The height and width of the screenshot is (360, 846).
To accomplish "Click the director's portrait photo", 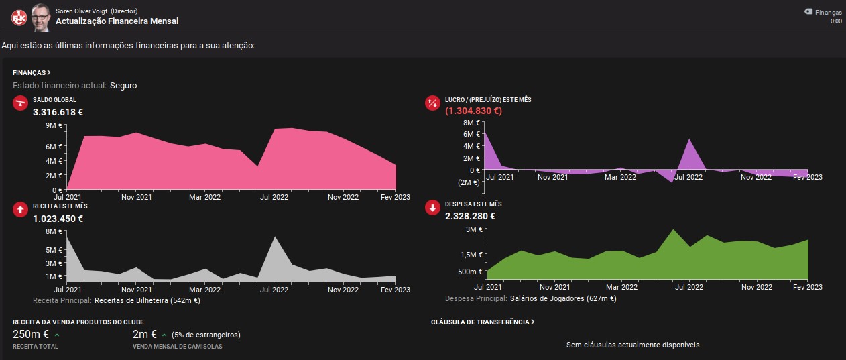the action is coord(41,17).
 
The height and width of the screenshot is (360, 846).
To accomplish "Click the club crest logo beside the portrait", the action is coord(19,17).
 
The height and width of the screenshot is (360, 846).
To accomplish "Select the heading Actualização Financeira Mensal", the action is coord(117,21).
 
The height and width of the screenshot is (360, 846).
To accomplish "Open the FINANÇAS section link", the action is coord(32,72).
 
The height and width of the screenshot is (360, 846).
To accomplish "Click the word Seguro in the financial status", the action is coord(123,86).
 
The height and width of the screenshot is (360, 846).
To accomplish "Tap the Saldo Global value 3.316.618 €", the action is coord(58,112).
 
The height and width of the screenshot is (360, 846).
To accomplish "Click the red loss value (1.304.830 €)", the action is coord(473,111).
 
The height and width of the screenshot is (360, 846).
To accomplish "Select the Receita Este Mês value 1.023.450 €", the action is coord(58,219).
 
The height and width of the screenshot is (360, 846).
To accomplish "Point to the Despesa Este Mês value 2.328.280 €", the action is coord(470,216).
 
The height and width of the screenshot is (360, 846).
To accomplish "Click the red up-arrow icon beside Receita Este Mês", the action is coord(20,210).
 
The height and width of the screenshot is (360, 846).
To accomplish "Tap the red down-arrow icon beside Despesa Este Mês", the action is coord(432,207).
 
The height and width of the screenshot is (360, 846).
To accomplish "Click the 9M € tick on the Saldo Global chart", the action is coord(54,125).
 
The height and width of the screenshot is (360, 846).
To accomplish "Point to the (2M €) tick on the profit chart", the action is coord(469,182).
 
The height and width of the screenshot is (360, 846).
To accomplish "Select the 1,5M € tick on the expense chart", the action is coord(472,255).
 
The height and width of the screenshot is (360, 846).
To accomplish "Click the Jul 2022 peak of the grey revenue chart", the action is coord(275,237).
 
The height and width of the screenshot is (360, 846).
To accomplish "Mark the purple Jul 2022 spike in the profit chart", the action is coord(690,139).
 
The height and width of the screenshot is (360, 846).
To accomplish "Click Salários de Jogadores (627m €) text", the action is coord(563,298).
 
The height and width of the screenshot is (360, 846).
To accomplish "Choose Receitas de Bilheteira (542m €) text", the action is coord(147,300).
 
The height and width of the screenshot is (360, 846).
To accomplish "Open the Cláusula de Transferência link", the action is coord(483,322).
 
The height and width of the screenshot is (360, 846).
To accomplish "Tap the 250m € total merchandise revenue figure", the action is coord(31,335).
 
